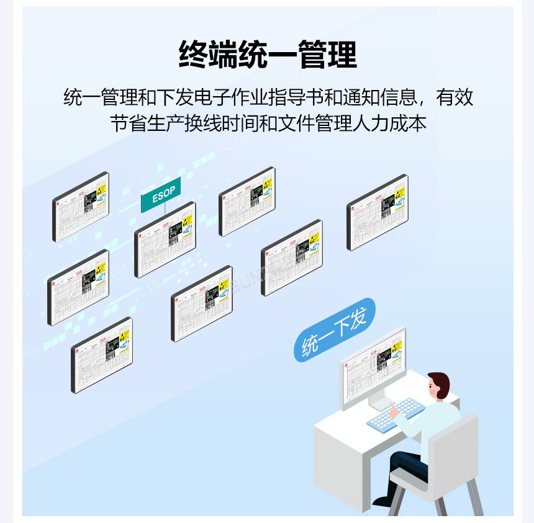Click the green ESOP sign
click(163, 194)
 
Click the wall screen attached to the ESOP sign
click(165, 239)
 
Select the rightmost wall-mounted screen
click(377, 212)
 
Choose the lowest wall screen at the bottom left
click(101, 355)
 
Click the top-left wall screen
click(80, 207)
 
